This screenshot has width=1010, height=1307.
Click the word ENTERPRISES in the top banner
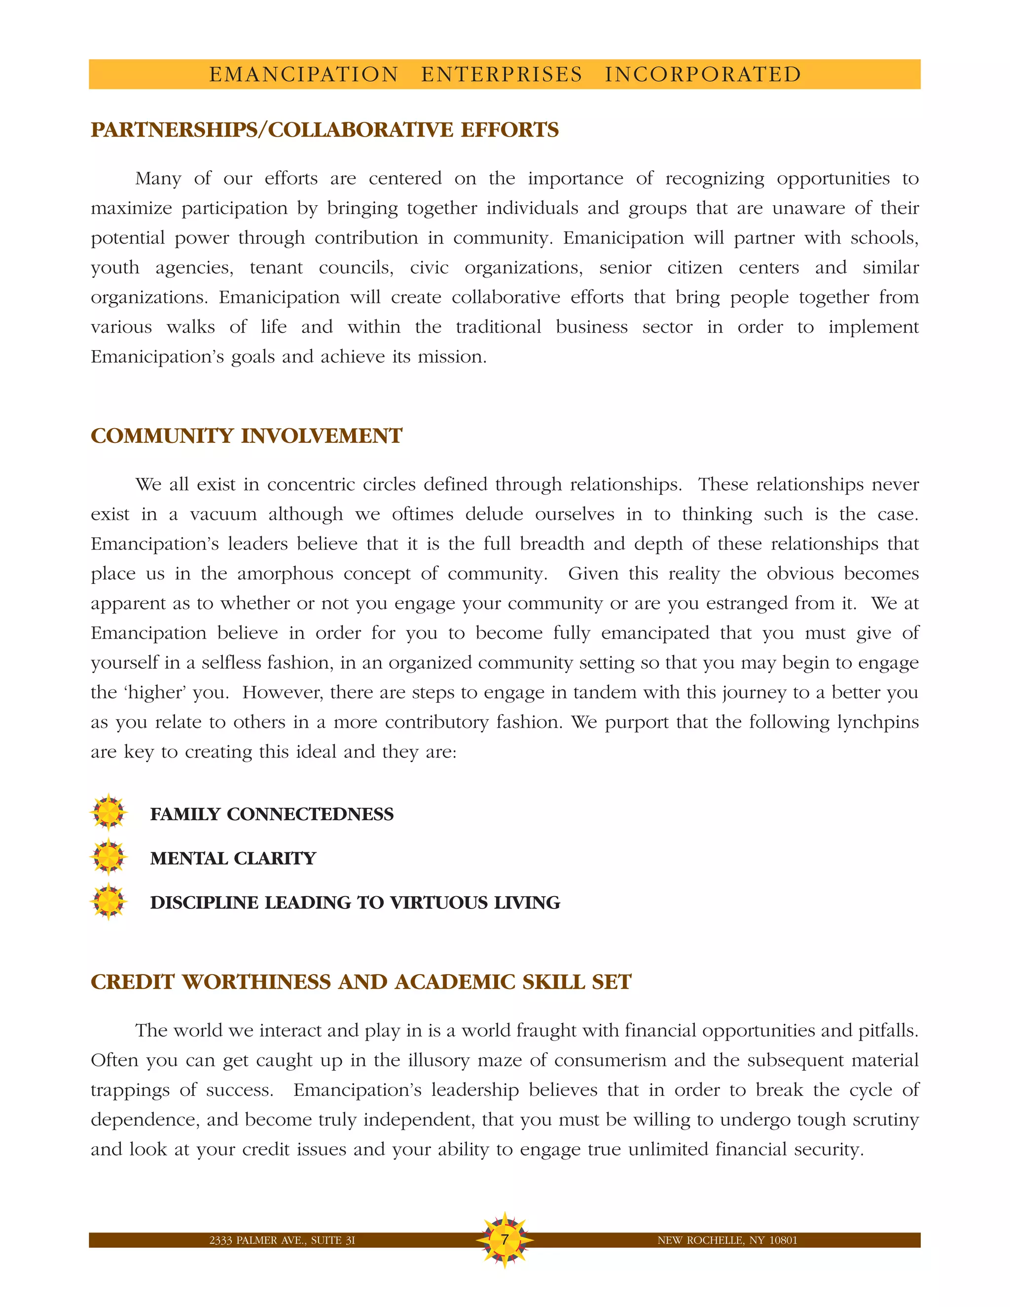tap(502, 74)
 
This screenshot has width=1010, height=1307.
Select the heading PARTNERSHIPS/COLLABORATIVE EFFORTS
tap(325, 130)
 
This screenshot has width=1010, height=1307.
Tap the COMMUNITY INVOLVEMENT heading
tap(246, 436)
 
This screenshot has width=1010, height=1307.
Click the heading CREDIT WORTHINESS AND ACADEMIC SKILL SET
tap(361, 982)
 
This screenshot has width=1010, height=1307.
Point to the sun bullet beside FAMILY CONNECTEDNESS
tap(108, 813)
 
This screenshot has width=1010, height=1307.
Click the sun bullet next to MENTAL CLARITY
tap(108, 857)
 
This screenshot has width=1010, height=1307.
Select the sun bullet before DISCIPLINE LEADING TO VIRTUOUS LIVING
tap(108, 901)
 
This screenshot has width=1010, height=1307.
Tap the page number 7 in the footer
tap(505, 1239)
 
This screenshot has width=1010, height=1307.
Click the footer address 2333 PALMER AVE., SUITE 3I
tap(282, 1240)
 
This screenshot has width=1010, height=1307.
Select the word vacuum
tap(223, 514)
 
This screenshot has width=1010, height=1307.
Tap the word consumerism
tap(610, 1060)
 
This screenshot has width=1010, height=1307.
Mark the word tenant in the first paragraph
tap(276, 267)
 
